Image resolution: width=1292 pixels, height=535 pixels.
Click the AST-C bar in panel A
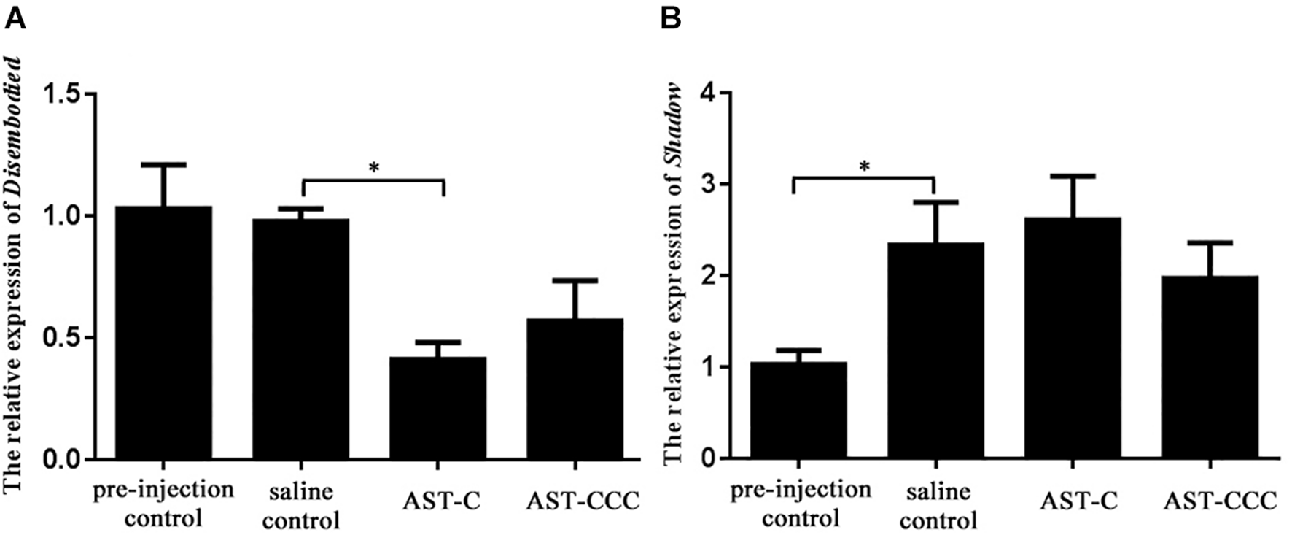pos(437,409)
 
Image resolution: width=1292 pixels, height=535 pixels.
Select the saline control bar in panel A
pos(300,339)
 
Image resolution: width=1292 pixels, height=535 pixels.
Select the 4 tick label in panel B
pos(706,93)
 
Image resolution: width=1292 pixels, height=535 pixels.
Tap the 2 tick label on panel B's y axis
pos(706,276)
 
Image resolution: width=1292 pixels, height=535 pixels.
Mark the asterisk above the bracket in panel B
pos(865,167)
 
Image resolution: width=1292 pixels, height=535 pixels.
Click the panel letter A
pos(15,18)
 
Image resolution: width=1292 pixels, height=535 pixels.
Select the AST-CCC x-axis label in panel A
pos(583,501)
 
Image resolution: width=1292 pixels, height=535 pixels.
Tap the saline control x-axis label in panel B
pos(938,506)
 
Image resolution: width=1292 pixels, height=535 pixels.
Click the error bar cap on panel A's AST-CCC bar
pos(575,280)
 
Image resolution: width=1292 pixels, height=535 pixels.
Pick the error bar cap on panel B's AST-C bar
pos(1073,176)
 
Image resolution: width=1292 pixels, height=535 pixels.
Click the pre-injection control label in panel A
pos(163,504)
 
